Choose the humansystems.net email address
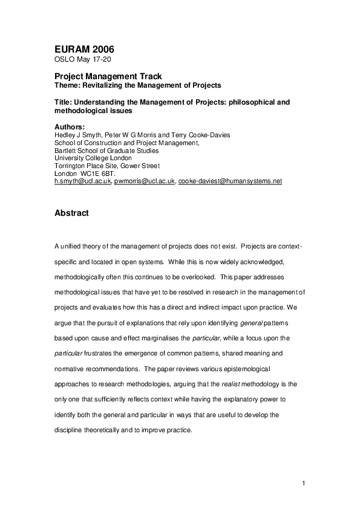(231, 181)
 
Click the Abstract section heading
(71, 213)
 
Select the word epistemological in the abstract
(247, 368)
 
